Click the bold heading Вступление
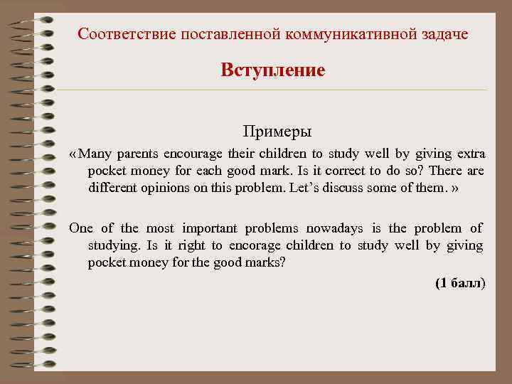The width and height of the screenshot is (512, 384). coord(273,70)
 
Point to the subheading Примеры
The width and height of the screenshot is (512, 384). coord(277,132)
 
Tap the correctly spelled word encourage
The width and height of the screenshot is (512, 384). coord(193,154)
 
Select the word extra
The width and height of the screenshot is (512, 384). coord(467,154)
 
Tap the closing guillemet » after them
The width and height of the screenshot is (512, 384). coord(455,188)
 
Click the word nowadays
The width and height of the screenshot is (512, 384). coord(334,228)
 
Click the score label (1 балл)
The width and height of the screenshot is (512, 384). coord(459,283)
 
